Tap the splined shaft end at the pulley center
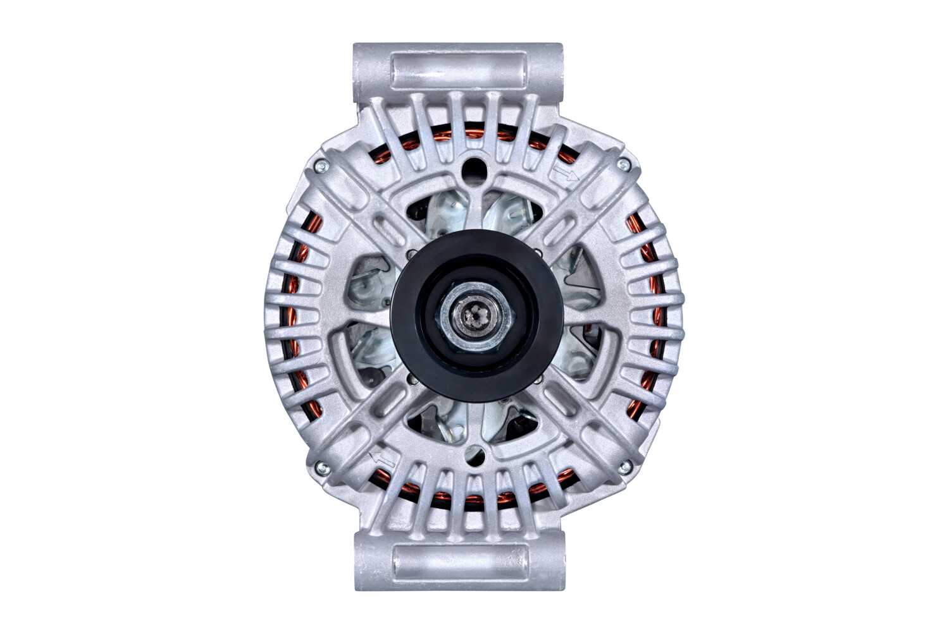pos(475,314)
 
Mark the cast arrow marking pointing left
pos(382,458)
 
